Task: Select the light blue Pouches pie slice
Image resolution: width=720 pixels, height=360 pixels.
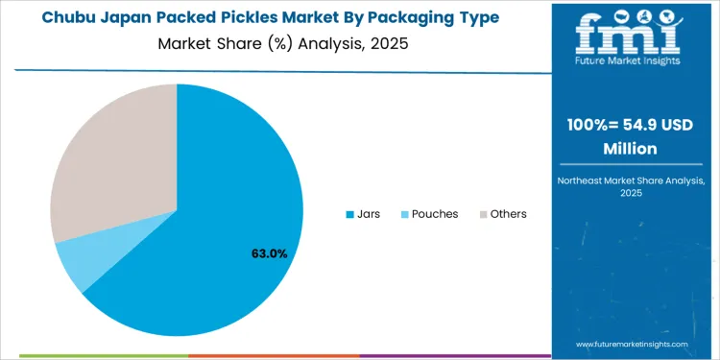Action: click(x=77, y=264)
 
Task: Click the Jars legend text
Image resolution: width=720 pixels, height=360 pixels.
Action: click(x=370, y=213)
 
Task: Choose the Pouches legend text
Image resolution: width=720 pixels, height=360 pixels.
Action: click(x=435, y=213)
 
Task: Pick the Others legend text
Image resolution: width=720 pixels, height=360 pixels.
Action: click(x=508, y=213)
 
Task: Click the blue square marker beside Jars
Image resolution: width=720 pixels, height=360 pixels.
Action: click(x=349, y=214)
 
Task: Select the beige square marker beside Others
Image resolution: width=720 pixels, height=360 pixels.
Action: click(x=482, y=214)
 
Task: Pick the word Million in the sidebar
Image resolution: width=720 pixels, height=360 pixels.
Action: click(x=630, y=149)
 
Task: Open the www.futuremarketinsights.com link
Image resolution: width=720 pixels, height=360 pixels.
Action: click(x=632, y=343)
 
